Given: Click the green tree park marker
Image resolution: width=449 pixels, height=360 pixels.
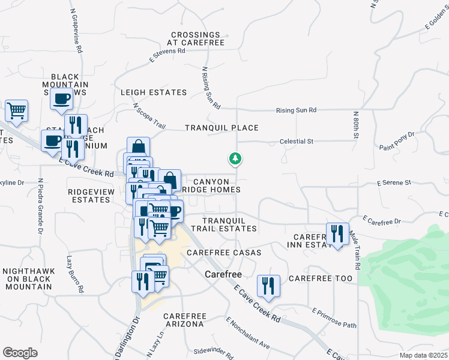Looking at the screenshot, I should click(235, 159).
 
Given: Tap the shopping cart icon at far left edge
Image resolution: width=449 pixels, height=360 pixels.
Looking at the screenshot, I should click(17, 111).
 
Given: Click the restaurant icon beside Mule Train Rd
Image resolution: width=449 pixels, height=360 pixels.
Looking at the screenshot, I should click(337, 234).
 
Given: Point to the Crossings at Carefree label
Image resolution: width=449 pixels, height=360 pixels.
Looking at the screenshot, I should click(197, 39).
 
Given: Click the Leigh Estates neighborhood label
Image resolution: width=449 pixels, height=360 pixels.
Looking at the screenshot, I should click(154, 92).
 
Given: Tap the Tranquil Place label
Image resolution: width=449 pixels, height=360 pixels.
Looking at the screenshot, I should click(221, 128).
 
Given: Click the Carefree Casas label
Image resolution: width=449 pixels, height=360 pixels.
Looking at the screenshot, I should click(224, 253).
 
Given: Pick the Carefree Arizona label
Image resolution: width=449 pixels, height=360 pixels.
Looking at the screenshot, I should click(184, 320).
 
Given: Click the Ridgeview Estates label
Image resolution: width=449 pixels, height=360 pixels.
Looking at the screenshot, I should click(89, 196).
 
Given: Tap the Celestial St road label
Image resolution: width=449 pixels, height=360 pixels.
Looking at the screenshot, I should click(297, 142).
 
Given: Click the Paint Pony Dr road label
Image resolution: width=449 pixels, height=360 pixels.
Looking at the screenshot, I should click(397, 141).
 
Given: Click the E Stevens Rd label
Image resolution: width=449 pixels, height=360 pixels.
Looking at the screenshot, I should click(167, 55).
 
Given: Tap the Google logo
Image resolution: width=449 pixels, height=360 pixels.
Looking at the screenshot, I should click(20, 352).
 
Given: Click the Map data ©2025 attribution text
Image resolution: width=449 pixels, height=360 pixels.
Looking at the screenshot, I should click(424, 355).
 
